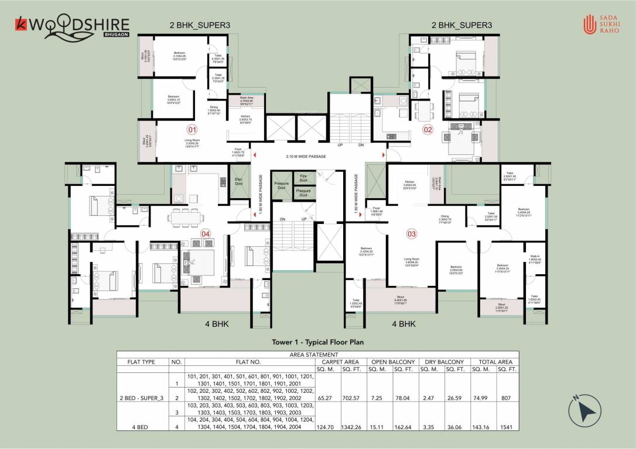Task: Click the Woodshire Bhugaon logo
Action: click(72, 27)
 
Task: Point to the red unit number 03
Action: click(412, 234)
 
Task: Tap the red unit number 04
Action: click(205, 234)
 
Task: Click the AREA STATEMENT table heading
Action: click(318, 354)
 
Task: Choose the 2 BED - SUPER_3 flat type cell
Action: click(143, 398)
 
